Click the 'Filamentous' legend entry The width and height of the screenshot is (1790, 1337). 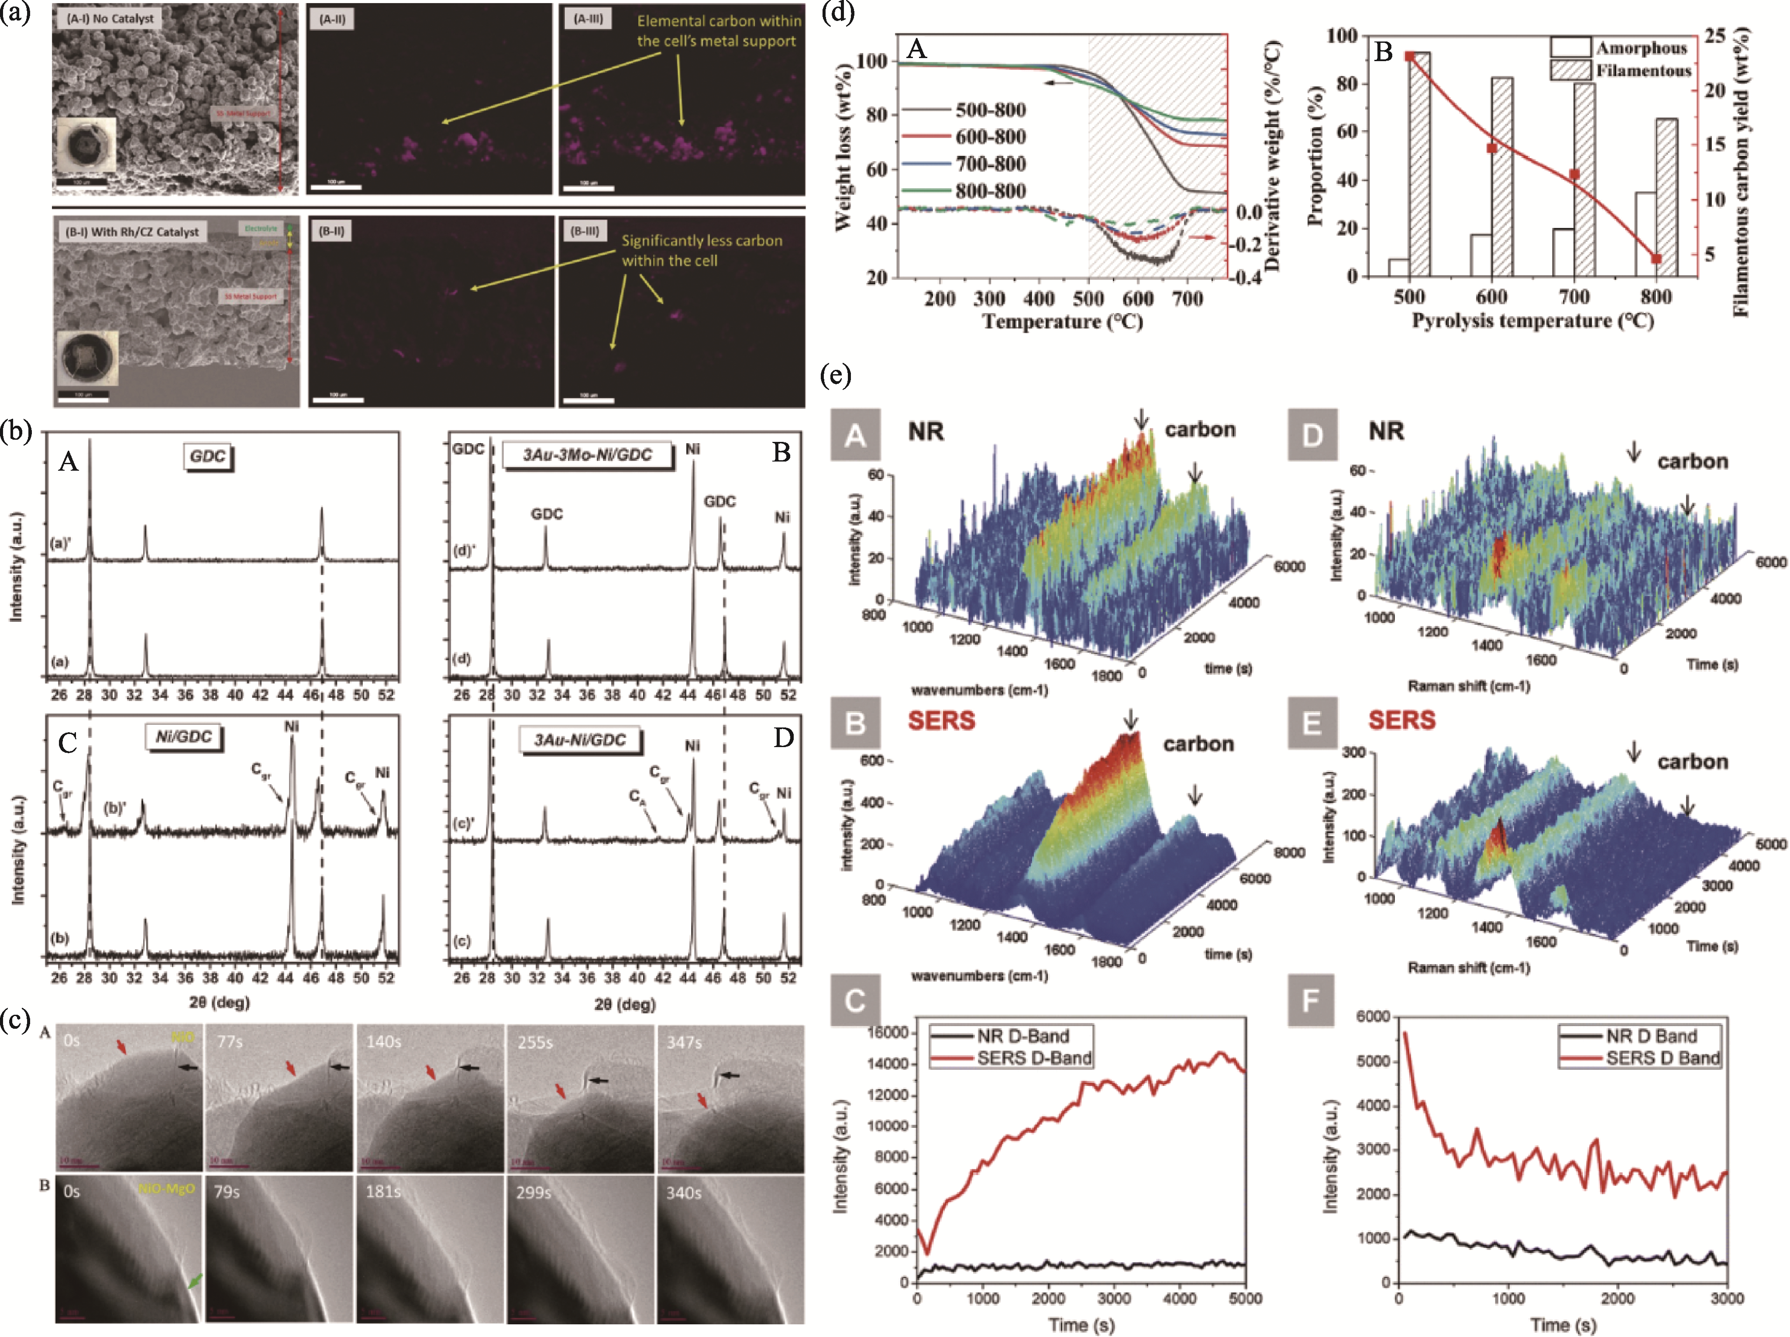[1643, 71]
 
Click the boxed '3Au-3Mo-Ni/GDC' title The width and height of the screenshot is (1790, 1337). [588, 455]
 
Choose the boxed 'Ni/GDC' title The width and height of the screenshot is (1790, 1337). [185, 737]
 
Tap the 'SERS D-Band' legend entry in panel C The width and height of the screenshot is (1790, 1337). [1033, 1058]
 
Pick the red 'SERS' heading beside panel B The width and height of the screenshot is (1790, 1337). [941, 720]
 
